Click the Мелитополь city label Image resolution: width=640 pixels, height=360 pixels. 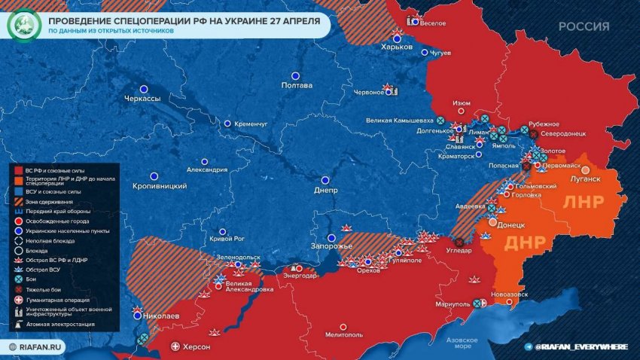[x=344, y=336]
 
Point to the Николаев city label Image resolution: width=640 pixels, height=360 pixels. [x=160, y=317]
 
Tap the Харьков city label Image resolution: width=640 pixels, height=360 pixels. [x=397, y=47]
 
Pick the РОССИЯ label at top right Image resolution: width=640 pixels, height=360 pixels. [x=584, y=26]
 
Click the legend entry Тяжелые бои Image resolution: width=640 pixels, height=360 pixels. [x=47, y=289]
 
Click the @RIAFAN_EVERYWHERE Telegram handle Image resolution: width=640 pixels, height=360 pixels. [x=581, y=346]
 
